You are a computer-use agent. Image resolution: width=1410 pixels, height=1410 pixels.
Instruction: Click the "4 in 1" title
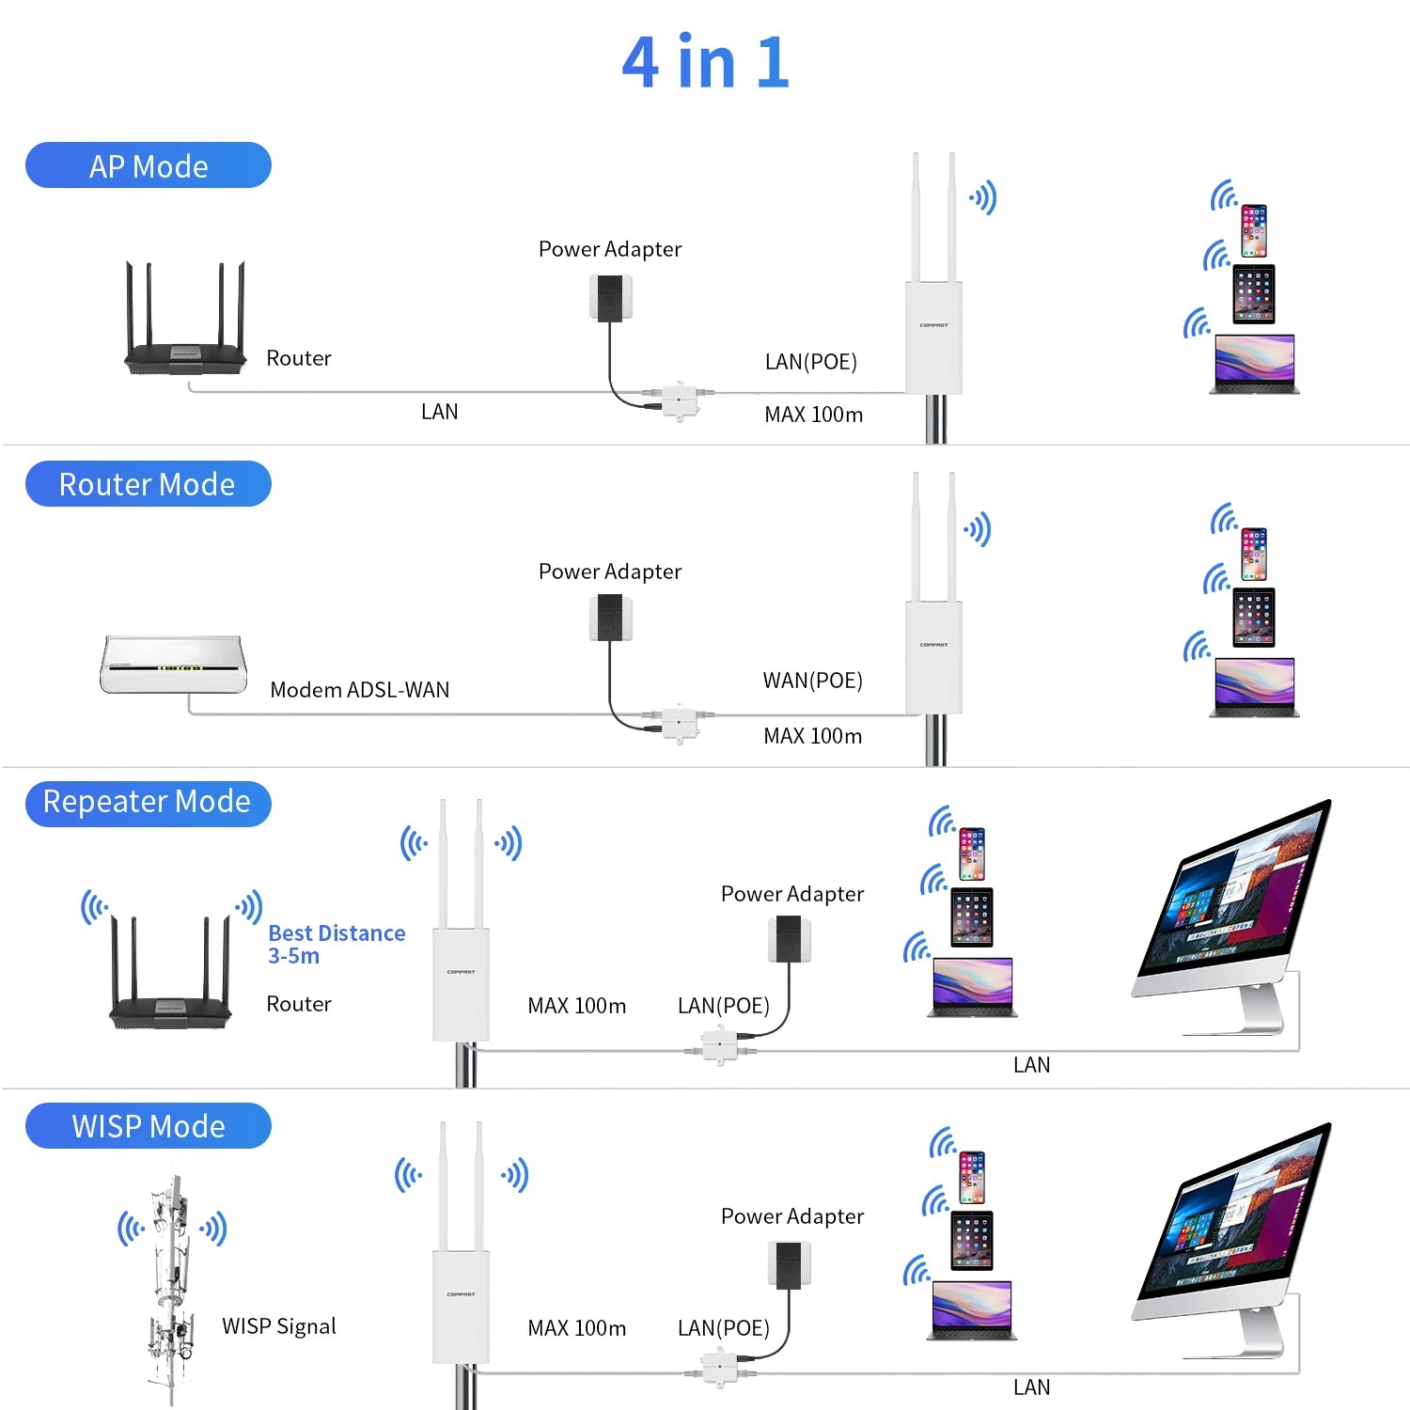705,63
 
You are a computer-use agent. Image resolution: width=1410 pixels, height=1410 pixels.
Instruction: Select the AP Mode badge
149,165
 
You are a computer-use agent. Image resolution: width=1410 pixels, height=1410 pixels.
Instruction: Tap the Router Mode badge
149,484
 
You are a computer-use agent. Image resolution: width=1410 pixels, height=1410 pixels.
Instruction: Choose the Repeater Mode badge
149,803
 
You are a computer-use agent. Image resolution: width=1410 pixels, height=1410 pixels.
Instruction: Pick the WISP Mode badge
149,1125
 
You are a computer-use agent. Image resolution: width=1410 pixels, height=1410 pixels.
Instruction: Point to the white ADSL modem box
174,665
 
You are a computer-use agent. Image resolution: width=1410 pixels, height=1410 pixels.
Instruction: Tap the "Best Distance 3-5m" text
336,944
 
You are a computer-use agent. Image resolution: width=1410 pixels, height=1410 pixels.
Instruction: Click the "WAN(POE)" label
812,681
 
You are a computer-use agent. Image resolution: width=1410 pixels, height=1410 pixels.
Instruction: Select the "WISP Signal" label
278,1326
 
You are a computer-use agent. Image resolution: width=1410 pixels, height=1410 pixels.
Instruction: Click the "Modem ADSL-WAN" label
359,690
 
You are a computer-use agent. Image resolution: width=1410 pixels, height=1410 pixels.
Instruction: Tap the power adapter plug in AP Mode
611,298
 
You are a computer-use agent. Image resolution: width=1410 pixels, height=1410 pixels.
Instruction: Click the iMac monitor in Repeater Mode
1231,902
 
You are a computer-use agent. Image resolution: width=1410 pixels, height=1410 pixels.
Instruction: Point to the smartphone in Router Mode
1254,554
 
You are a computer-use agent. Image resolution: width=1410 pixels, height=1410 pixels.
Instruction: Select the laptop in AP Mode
1254,364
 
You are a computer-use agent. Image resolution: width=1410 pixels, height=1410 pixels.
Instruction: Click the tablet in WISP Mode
971,1240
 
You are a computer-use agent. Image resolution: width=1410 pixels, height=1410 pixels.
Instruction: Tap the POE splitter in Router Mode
679,724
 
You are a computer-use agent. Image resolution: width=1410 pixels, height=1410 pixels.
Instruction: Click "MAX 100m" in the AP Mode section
813,415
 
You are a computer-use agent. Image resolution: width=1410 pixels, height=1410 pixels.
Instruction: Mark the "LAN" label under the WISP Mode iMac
1031,1387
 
